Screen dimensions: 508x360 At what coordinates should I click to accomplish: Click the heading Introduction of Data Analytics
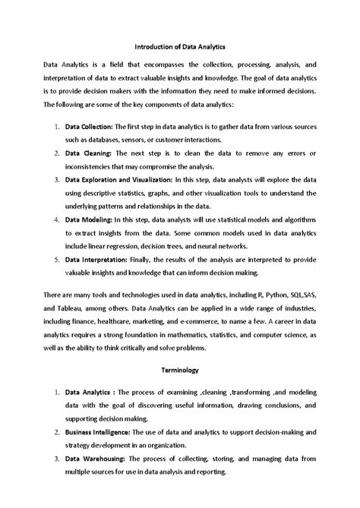(x=179, y=46)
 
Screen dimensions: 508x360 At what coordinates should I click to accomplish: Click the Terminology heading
(x=180, y=371)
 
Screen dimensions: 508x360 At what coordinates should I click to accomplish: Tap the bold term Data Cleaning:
(x=87, y=153)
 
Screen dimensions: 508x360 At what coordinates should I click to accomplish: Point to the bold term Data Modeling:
(x=87, y=219)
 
